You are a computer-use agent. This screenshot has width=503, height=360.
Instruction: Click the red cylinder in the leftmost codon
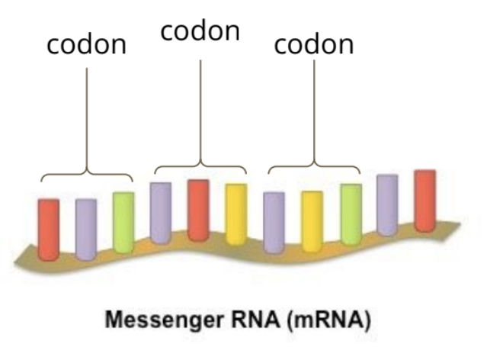(x=49, y=229)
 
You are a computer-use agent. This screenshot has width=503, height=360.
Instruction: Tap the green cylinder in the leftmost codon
(x=123, y=221)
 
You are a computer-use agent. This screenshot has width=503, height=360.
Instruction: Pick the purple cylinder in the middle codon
(x=160, y=213)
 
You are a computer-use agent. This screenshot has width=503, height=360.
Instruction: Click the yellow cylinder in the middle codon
(x=236, y=214)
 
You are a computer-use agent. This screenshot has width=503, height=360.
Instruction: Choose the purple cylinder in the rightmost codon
(x=274, y=221)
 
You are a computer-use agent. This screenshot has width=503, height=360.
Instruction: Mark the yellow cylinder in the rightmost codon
(x=312, y=221)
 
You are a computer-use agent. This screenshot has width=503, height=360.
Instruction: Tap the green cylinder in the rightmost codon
(x=351, y=214)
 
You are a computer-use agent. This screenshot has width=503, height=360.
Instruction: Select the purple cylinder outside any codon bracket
(x=387, y=204)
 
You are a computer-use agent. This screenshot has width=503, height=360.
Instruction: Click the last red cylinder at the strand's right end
(x=425, y=200)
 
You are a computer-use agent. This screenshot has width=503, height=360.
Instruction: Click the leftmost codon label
(x=86, y=44)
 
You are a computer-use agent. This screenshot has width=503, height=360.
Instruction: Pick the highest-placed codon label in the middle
(x=200, y=31)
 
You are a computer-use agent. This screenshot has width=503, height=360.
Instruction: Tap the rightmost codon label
(x=314, y=44)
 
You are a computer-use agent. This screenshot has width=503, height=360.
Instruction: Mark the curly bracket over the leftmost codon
(x=86, y=174)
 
